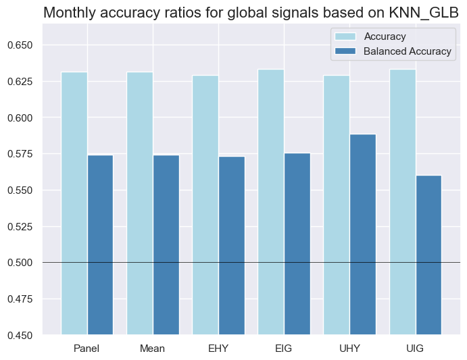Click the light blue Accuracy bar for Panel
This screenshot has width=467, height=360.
point(74,203)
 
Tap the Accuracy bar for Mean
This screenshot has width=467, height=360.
point(140,203)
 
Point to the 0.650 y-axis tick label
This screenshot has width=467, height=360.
point(23,45)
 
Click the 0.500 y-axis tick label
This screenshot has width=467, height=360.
point(23,263)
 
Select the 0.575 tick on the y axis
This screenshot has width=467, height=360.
point(23,154)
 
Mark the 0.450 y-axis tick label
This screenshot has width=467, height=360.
point(23,335)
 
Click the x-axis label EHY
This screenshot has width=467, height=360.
point(218,349)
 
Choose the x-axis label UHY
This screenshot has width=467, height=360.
point(349,349)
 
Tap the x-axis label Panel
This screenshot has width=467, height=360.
point(87,349)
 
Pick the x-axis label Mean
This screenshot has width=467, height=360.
point(153,349)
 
